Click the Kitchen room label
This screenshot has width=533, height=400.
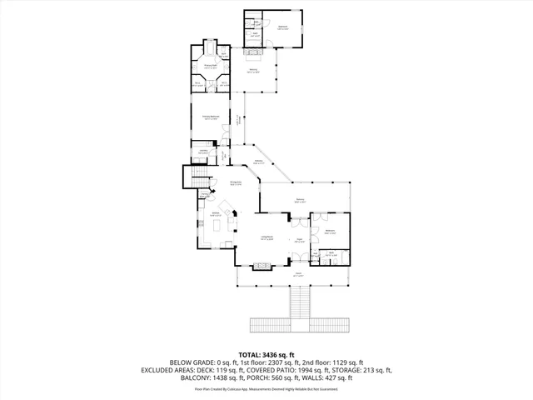[215, 214]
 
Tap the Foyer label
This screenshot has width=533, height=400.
[297, 239]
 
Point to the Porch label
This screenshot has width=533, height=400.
[297, 272]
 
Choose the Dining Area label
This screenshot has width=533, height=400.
[236, 182]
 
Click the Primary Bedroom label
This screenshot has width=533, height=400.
[211, 117]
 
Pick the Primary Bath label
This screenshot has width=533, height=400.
[211, 65]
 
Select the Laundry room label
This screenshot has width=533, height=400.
[203, 151]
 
